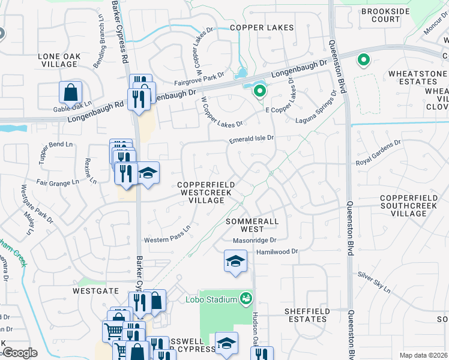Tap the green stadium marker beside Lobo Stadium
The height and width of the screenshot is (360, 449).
245,298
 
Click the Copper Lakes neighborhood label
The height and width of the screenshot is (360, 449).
262,28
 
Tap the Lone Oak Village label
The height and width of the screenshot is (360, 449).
59,60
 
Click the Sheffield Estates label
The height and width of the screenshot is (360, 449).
306,315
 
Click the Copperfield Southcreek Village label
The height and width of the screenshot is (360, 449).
412,205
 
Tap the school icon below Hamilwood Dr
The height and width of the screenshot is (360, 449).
235,262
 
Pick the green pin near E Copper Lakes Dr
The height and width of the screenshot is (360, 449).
259,91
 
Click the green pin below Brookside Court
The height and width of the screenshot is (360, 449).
363,60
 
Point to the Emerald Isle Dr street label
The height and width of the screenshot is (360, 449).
251,138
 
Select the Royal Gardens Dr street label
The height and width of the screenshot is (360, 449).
378,152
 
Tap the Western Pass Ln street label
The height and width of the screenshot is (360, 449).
166,235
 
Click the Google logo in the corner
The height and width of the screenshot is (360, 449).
20,353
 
